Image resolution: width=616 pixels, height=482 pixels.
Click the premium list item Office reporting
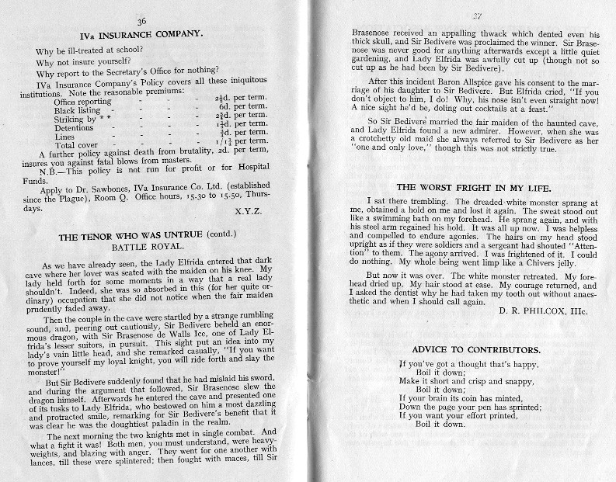pos(82,101)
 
